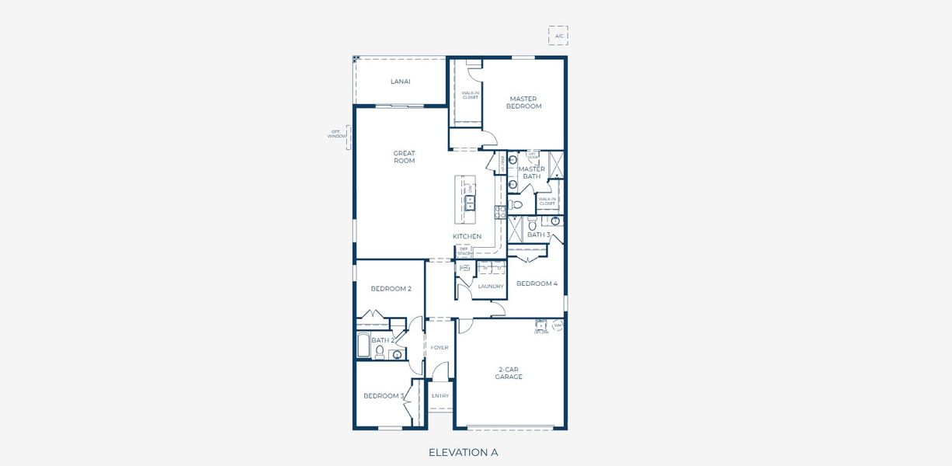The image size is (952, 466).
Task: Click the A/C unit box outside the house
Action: pos(558,35)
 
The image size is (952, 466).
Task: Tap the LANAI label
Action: pos(400,82)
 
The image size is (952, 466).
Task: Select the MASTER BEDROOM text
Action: pos(524,103)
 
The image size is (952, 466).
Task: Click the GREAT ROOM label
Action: pos(404,157)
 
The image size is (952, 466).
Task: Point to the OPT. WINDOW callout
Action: pos(337,134)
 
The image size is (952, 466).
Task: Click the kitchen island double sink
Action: pos(470,203)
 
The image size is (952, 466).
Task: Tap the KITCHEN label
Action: pos(467,236)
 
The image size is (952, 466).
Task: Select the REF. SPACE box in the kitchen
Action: pos(464,252)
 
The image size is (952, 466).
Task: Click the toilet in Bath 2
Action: pos(380,352)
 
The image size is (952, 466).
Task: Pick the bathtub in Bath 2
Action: pos(363,345)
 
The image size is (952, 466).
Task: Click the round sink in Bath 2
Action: pos(398,356)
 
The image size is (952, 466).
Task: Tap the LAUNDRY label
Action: pos(491,286)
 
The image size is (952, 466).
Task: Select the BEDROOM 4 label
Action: pos(537,283)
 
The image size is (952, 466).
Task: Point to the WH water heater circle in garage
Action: pos(557,325)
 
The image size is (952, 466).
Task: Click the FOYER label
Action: pos(440,347)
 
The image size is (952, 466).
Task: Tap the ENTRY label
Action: pos(440,396)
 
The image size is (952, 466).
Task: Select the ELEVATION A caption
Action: pos(463,452)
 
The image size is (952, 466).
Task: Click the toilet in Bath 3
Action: pos(533,224)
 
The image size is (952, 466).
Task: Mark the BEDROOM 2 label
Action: pos(391,288)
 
